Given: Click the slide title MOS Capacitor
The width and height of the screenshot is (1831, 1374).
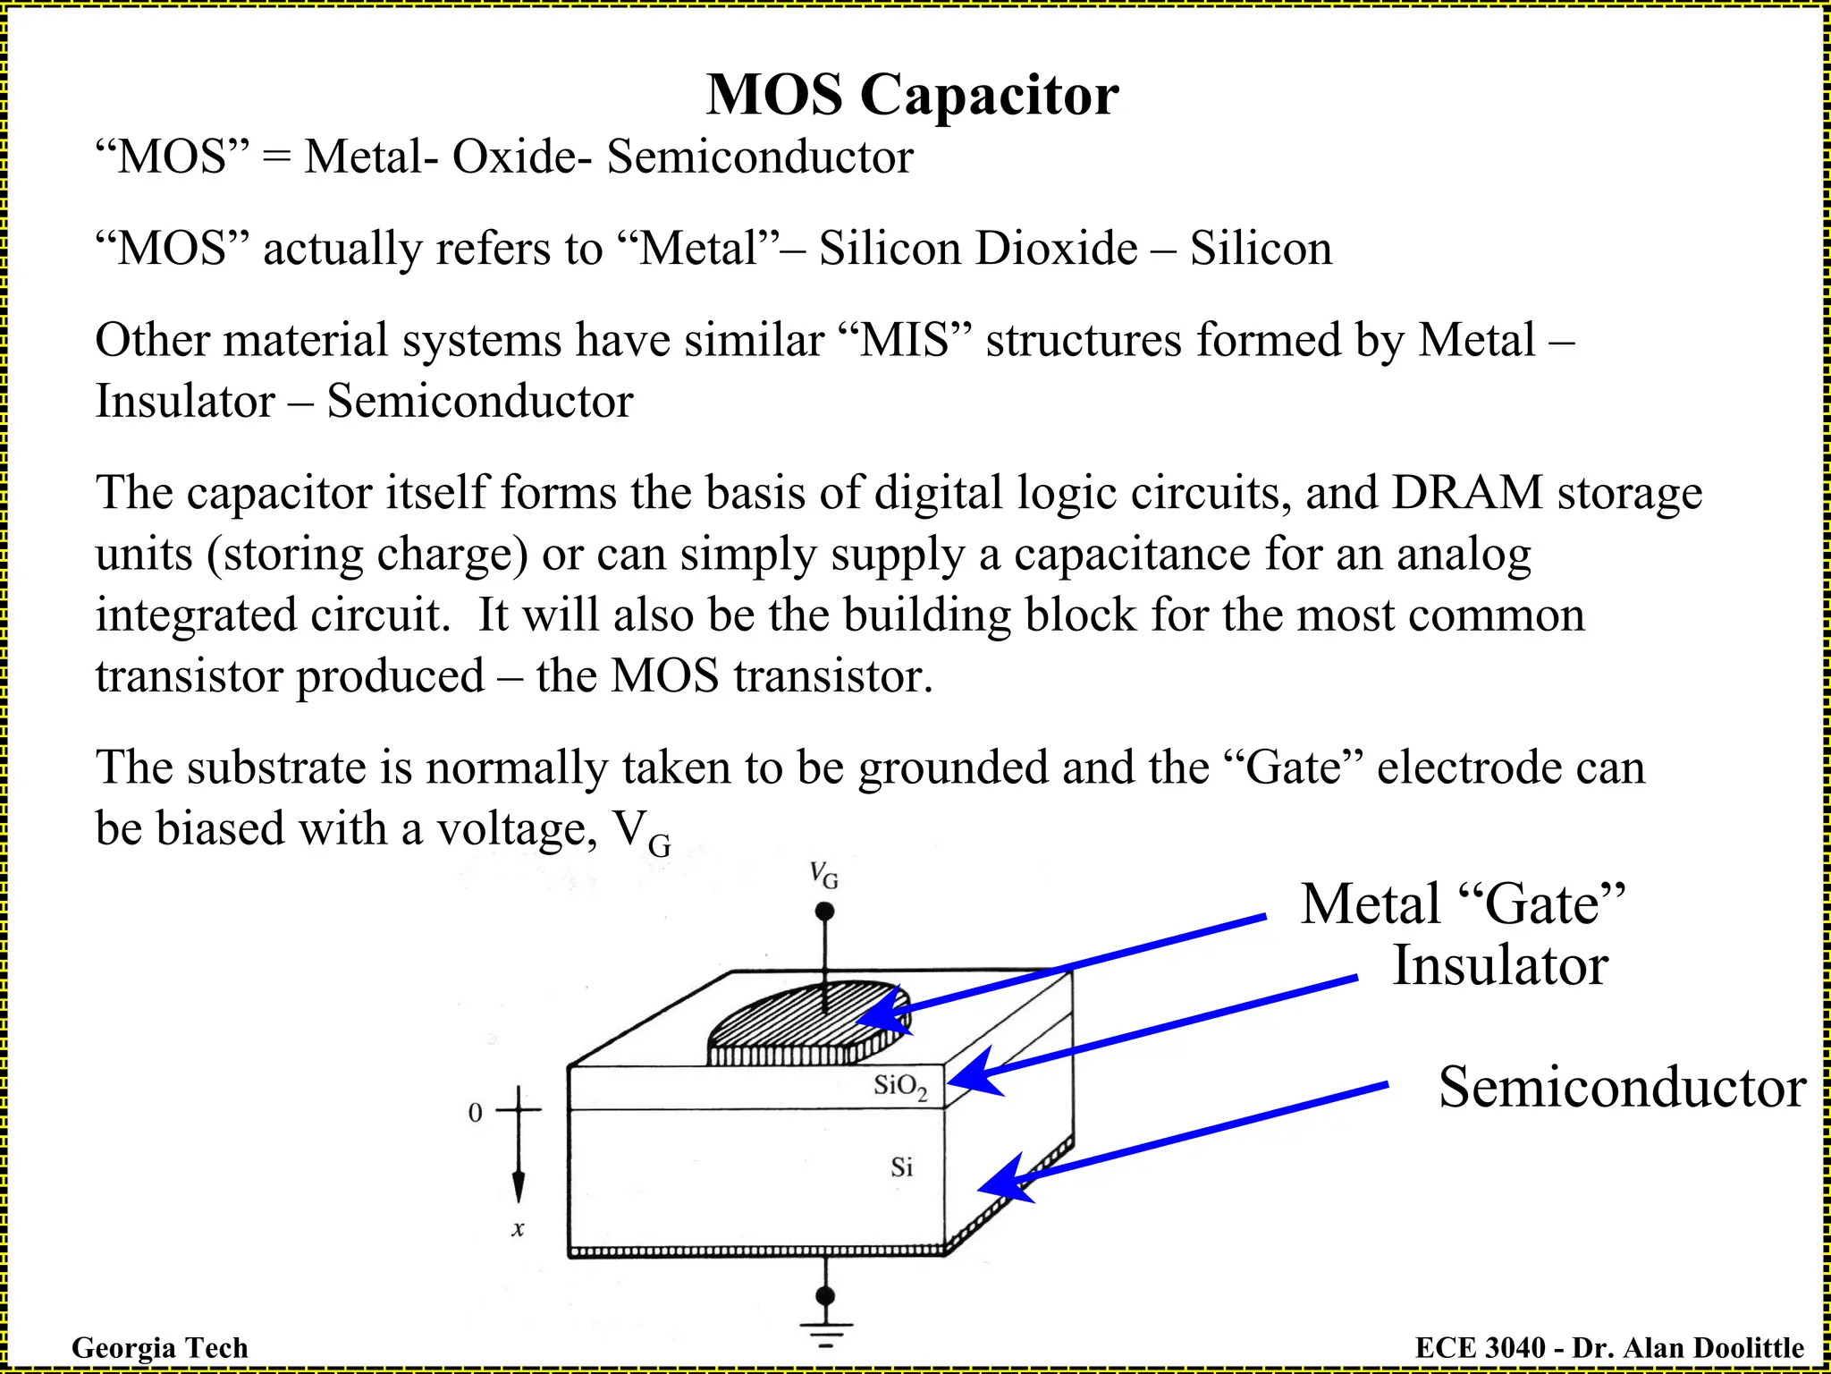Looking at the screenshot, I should (x=912, y=94).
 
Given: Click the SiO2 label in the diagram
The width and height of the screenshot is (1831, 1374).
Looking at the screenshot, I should (x=900, y=1087).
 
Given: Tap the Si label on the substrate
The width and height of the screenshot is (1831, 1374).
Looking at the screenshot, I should (x=901, y=1167).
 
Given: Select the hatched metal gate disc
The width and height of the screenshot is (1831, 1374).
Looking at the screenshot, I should (x=805, y=1020).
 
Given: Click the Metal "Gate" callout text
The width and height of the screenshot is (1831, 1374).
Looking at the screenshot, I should (x=1463, y=904).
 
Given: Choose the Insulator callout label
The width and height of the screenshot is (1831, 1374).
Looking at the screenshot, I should (x=1500, y=966).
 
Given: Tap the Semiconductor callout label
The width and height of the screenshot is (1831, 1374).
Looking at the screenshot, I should (x=1622, y=1088).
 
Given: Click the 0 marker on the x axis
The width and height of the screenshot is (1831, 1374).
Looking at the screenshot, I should (x=475, y=1113).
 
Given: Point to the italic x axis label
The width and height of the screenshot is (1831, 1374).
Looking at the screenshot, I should (x=518, y=1229).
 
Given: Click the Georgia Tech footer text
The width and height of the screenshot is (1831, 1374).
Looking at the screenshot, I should (x=159, y=1347).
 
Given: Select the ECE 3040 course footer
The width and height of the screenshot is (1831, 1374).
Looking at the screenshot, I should (x=1609, y=1347).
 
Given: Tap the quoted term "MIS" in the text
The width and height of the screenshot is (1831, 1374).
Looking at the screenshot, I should (x=904, y=341).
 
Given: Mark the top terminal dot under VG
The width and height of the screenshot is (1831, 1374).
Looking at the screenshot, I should (x=825, y=912).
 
